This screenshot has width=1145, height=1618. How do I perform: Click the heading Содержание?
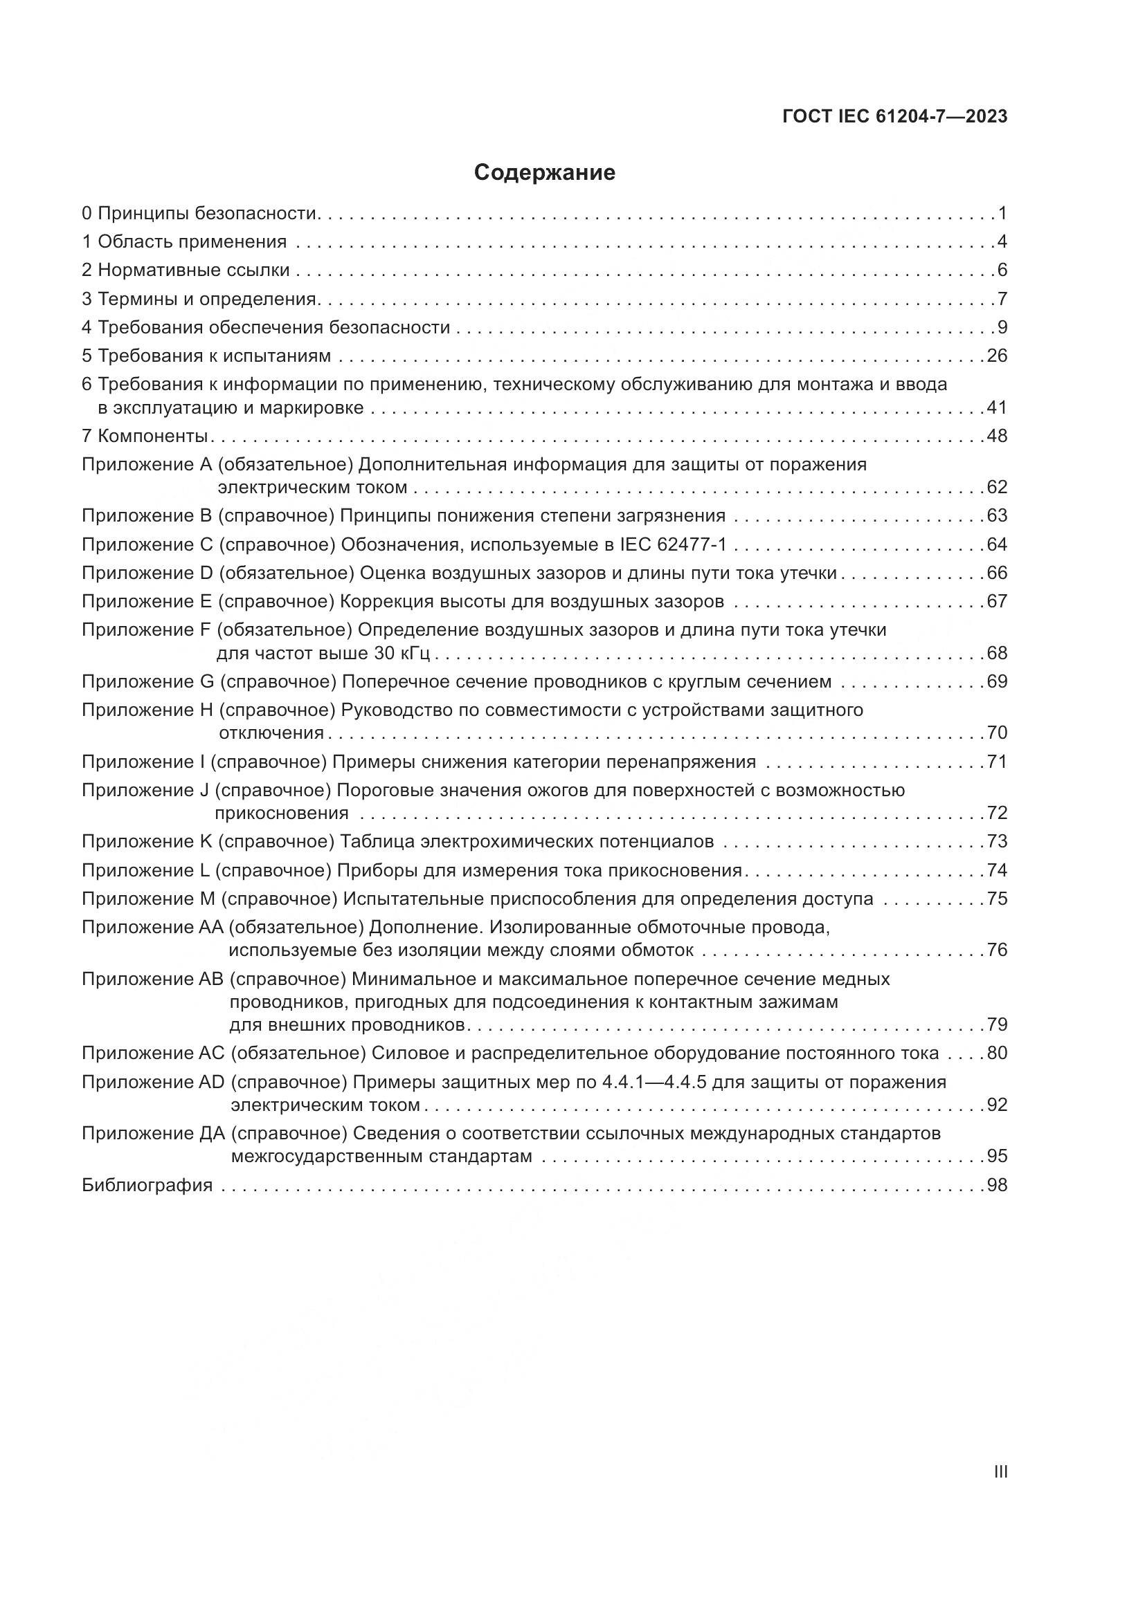(x=544, y=173)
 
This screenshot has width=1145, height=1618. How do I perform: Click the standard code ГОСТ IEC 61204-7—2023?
(x=894, y=117)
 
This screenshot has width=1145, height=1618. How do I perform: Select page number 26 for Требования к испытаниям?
(x=997, y=356)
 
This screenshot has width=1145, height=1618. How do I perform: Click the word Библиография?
(x=147, y=1184)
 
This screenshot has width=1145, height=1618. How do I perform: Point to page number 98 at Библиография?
(x=997, y=1184)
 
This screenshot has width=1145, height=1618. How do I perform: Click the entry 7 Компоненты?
(x=145, y=436)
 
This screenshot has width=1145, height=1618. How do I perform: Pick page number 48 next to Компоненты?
(x=997, y=436)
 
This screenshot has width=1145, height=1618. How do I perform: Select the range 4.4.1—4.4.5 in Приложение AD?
(x=654, y=1082)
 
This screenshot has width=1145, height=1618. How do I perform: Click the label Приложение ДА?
(x=153, y=1133)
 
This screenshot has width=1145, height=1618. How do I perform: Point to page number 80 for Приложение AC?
(x=997, y=1053)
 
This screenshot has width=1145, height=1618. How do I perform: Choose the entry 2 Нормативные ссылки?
(x=186, y=270)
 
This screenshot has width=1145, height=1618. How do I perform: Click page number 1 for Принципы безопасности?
(x=1002, y=213)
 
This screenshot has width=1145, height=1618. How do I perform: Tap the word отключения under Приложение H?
(x=271, y=733)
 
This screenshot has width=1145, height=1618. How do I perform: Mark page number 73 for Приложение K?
(x=997, y=841)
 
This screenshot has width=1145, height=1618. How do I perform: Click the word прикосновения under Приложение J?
(x=281, y=813)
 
